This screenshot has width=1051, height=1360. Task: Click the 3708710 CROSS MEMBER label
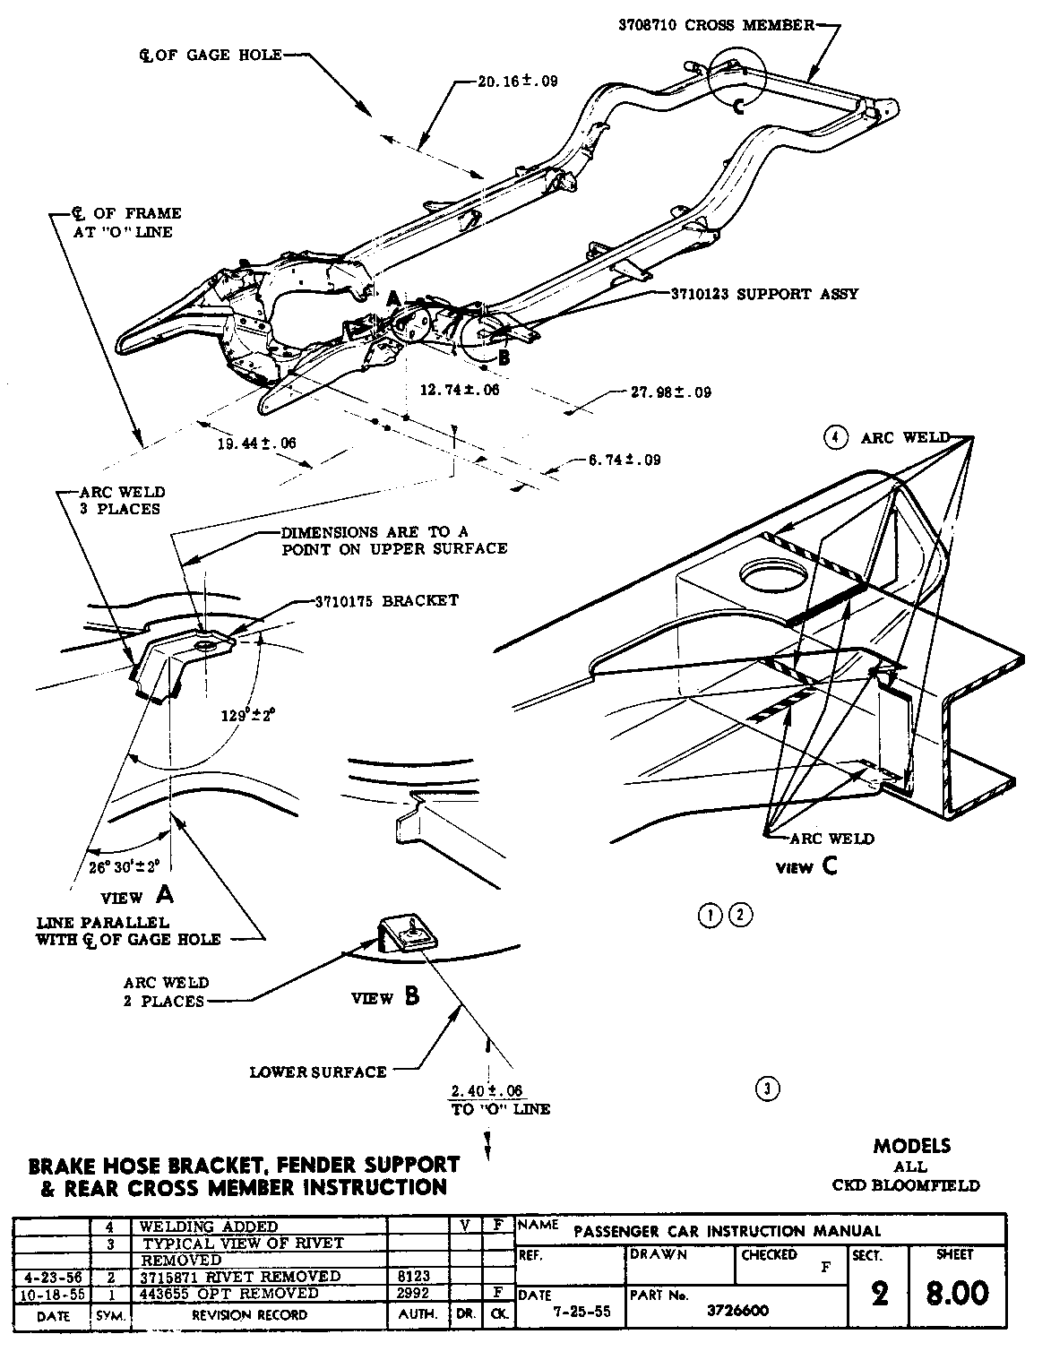(x=716, y=25)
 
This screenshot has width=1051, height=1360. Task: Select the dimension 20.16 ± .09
(x=517, y=81)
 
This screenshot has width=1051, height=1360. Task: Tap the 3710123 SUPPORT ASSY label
(x=765, y=293)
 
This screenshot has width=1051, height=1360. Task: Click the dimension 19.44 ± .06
(x=256, y=443)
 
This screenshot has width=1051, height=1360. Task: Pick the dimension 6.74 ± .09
(x=625, y=460)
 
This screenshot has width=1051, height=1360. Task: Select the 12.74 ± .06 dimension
(x=459, y=390)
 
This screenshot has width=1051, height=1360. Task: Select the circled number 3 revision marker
(x=768, y=1089)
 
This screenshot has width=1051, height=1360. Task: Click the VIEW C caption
(x=806, y=866)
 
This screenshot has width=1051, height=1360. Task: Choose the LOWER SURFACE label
(x=318, y=1072)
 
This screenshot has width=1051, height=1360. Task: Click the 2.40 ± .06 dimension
(x=487, y=1090)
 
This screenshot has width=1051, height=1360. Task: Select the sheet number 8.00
(x=957, y=1293)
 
